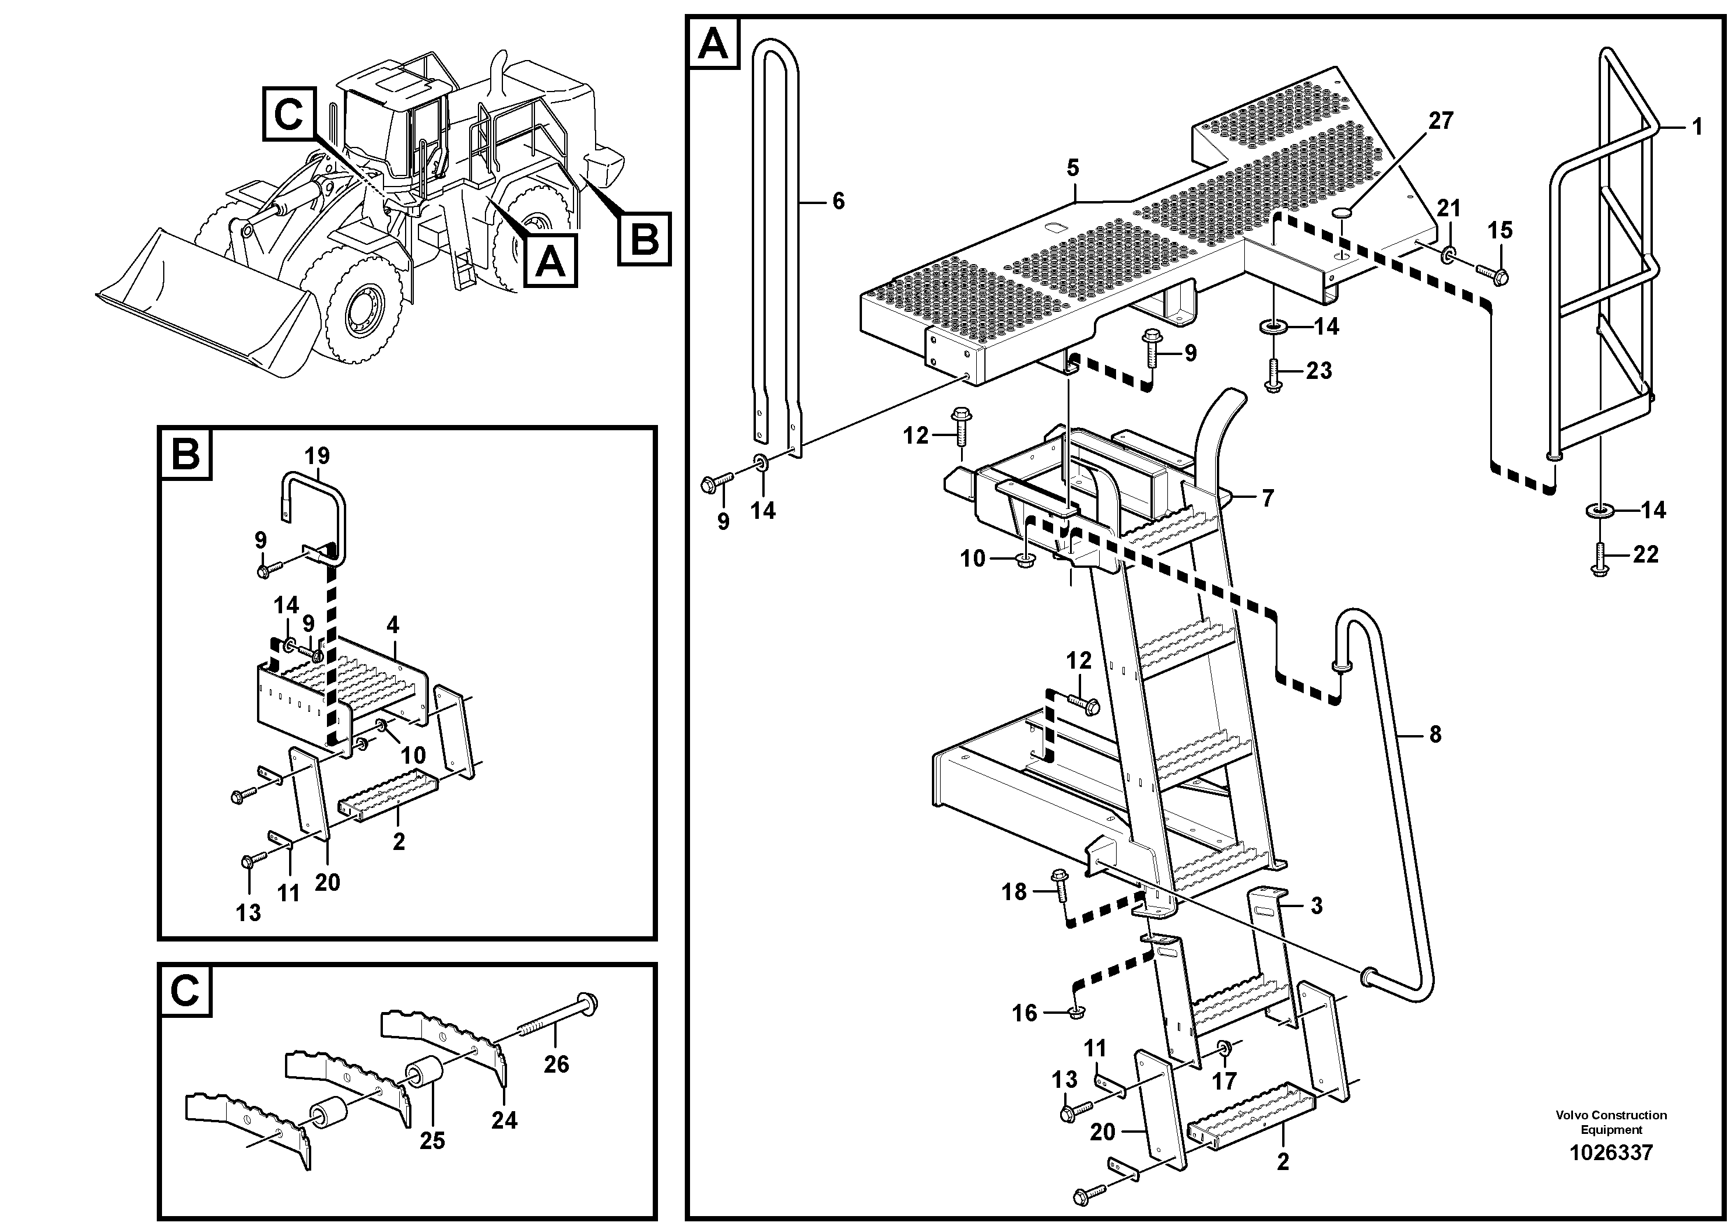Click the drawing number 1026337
[1610, 1153]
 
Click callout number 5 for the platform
[1074, 168]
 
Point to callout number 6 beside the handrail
[838, 201]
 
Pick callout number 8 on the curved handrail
[1434, 734]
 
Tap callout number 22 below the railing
[1645, 555]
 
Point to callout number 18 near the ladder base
[1014, 893]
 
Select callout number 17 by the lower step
[1224, 1081]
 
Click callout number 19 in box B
[318, 456]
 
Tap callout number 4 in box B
[393, 625]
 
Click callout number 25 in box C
[432, 1140]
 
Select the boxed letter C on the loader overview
[288, 115]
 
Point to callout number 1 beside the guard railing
[1697, 127]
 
